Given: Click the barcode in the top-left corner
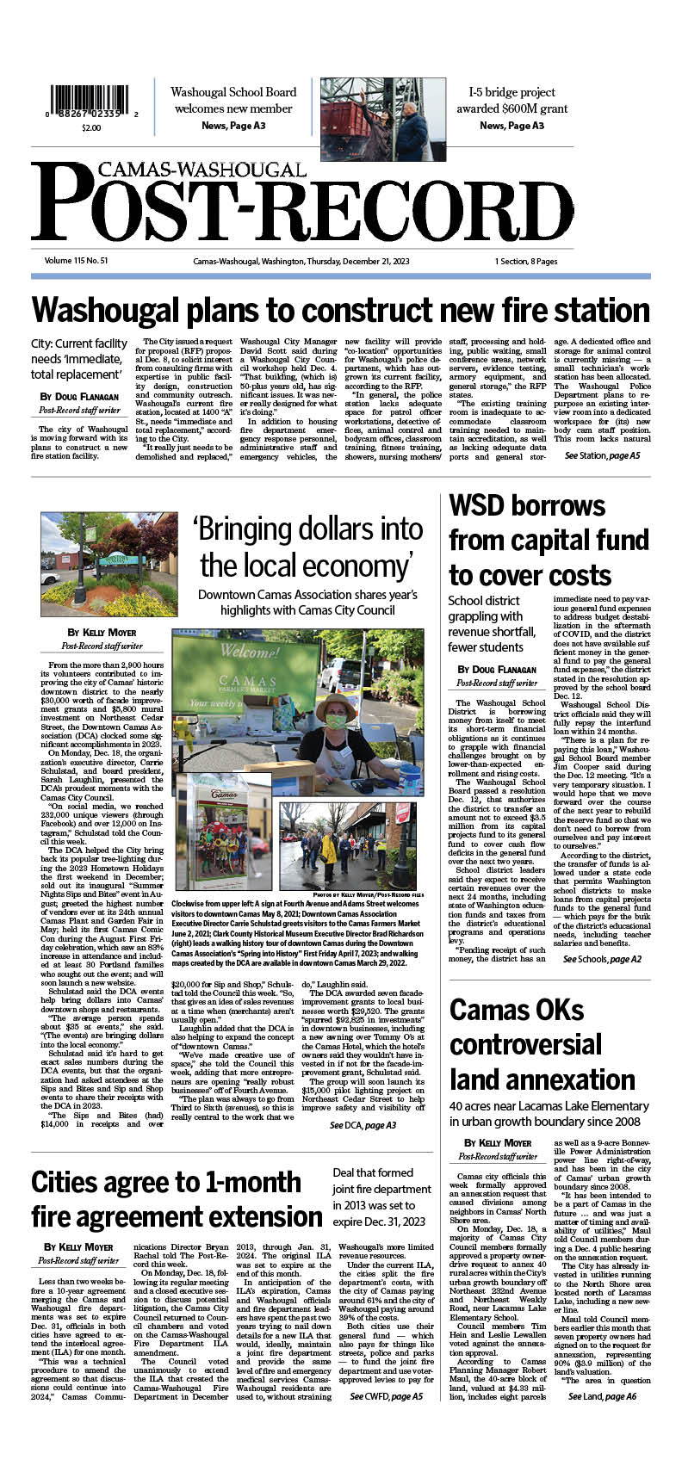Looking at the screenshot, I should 90,103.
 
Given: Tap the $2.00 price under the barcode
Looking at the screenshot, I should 90,127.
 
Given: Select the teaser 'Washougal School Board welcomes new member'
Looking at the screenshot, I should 233,101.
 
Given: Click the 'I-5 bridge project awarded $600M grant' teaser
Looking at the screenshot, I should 512,101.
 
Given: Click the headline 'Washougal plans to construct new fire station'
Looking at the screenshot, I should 340,309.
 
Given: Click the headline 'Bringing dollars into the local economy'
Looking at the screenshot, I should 307,547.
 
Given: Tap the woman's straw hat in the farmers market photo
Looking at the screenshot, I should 337,706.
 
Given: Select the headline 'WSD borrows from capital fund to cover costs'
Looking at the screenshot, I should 548,541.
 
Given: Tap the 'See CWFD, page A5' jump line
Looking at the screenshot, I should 386,1396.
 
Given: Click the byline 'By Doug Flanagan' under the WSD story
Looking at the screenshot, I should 497,669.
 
